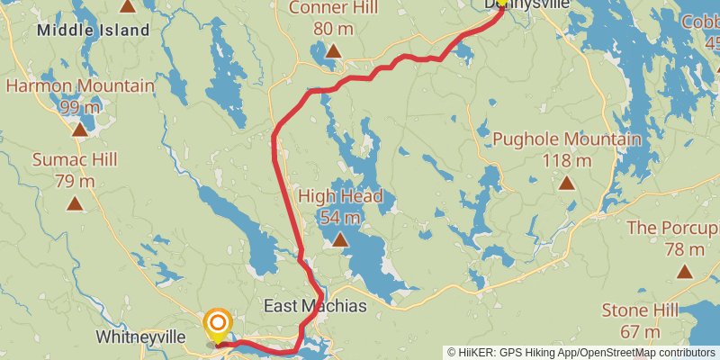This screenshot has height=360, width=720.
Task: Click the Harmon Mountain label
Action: coord(80,87)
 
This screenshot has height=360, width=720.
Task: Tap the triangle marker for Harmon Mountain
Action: coord(80,130)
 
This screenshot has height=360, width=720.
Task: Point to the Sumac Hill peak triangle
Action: coord(75,203)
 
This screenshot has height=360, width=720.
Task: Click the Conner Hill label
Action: coord(333,8)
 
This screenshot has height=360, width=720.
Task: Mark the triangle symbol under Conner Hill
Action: coord(333,50)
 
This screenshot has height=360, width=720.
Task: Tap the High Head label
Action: coord(340,197)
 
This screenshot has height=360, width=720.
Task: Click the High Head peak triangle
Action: coord(339,239)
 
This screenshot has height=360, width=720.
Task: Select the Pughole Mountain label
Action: coord(567,139)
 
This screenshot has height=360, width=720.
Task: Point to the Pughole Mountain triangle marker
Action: coord(567,183)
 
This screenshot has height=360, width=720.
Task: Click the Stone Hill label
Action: coord(639,310)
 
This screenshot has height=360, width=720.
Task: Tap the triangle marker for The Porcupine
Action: coord(685,271)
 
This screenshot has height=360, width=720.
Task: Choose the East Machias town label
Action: coord(315,307)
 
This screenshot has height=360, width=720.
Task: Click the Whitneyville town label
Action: coord(140,337)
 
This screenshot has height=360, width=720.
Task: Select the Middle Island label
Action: coord(93,31)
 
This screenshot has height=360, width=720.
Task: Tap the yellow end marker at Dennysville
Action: coord(501,4)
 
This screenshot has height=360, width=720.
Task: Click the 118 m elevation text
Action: coord(567,161)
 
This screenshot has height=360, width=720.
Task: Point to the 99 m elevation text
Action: coord(80,107)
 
